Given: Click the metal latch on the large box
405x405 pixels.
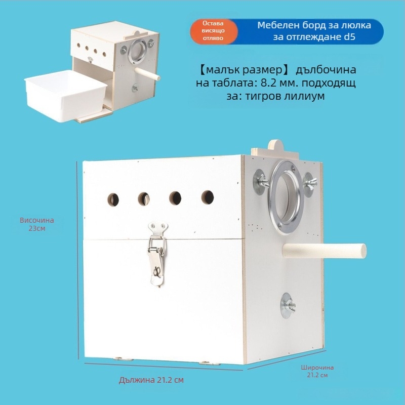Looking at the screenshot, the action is tap(157, 254).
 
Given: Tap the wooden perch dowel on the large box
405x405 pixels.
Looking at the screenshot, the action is tap(325, 251).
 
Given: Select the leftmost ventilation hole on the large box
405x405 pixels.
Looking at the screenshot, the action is tap(113, 199).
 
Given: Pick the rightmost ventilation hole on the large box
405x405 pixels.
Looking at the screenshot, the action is tap(208, 197).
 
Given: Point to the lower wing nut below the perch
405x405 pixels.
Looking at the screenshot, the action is tap(288, 306).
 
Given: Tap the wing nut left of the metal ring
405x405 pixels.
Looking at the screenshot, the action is tap(261, 182).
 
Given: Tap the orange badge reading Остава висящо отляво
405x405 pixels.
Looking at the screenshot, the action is tap(214, 31).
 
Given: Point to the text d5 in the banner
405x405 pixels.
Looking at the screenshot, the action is tap(350, 36).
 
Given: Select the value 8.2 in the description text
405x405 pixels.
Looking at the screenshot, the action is tap(269, 83).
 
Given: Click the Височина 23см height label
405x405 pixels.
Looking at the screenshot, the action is tap(37, 224).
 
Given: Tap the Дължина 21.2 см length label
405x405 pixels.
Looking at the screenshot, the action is tap(151, 380).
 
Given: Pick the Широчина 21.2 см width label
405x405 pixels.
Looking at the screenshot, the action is tap(317, 371).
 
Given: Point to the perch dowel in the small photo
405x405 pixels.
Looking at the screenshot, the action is tap(147, 74).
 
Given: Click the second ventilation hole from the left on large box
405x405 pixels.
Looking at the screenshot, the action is tap(144, 199).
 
